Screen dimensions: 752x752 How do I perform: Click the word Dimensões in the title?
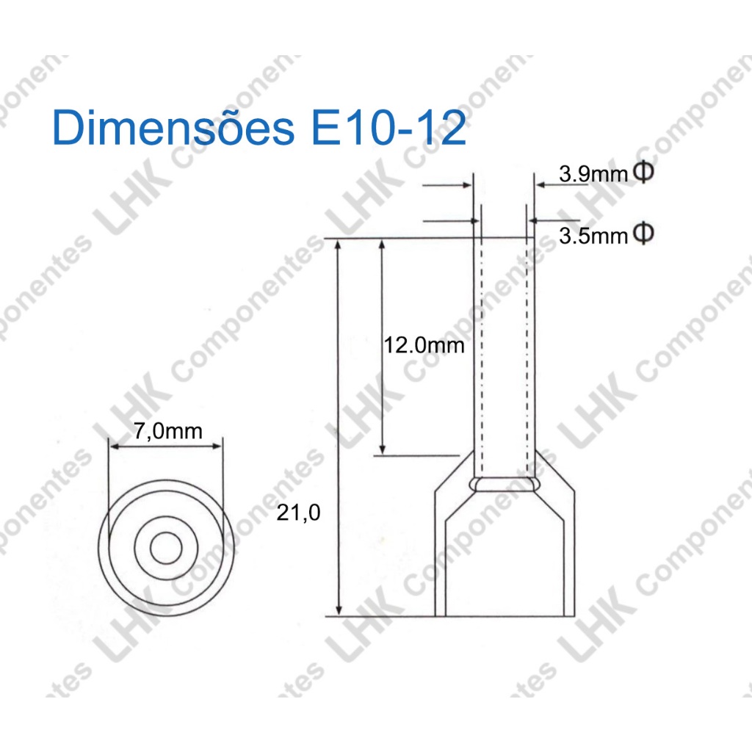[x=173, y=126]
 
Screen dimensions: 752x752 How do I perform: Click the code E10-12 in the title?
[x=388, y=127]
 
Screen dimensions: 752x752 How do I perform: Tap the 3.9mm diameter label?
[x=593, y=173]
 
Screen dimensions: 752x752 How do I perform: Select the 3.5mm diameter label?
[x=593, y=236]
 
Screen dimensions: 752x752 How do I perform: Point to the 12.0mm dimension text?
[x=424, y=345]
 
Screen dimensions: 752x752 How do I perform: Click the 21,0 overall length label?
[x=298, y=513]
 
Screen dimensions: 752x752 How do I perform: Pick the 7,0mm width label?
[x=168, y=430]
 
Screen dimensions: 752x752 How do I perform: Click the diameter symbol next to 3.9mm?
[x=643, y=172]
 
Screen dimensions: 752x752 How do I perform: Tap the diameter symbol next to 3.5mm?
[x=643, y=233]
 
